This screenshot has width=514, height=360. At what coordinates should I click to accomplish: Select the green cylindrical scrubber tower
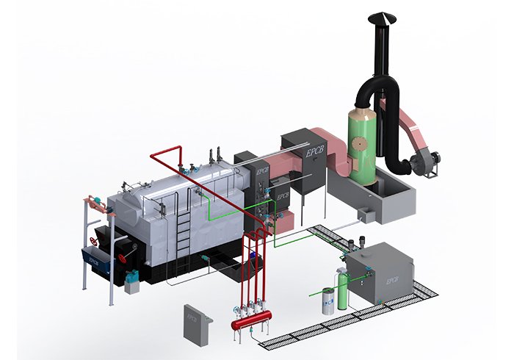(361, 151)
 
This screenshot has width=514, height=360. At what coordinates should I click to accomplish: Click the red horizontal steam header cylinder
(250, 321)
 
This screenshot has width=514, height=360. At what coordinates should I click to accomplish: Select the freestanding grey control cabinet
(195, 320)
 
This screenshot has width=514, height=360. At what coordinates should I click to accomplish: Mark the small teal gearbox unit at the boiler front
(132, 278)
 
